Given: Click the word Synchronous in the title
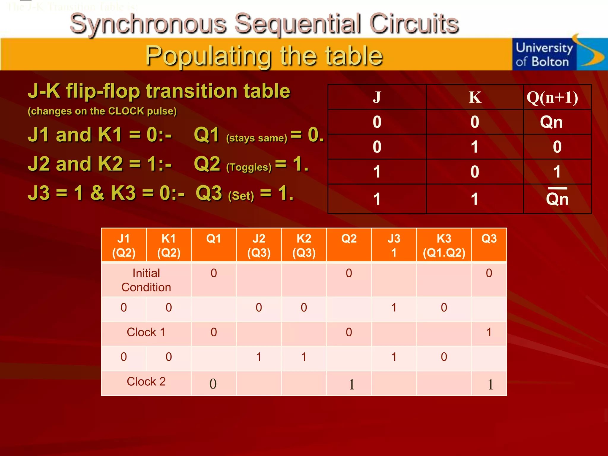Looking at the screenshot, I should (x=148, y=24).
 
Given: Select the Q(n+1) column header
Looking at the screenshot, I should (x=552, y=97).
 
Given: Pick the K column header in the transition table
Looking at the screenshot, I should (x=475, y=97).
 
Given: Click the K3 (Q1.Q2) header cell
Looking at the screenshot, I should (x=444, y=245).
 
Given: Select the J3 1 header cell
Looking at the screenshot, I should (x=394, y=245).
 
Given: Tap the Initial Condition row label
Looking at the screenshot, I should (x=146, y=280).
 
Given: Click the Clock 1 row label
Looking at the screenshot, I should (x=146, y=332).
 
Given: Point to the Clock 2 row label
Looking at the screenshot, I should (x=146, y=381).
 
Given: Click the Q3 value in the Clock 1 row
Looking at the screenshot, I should (x=489, y=332).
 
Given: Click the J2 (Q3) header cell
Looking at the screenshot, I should (x=259, y=245).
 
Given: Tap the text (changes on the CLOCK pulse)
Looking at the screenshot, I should (x=102, y=111).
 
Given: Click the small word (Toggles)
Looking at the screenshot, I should (x=249, y=167).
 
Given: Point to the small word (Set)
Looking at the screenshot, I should (x=241, y=196).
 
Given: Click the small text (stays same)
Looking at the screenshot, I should (x=256, y=138).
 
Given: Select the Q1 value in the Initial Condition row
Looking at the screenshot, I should (x=214, y=273).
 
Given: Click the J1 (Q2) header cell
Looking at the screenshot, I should (x=124, y=245).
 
